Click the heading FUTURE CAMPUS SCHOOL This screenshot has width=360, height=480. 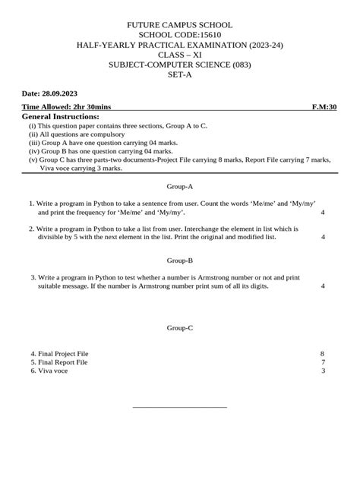[x=180, y=25]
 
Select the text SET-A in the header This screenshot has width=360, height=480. [x=180, y=76]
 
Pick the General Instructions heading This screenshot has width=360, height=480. [x=61, y=117]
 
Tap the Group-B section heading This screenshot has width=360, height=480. [x=180, y=260]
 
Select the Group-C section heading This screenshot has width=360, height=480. [x=180, y=327]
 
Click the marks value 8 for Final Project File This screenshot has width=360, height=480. [x=323, y=353]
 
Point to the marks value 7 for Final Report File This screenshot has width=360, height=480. [x=323, y=362]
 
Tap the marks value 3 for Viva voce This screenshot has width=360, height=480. [x=323, y=371]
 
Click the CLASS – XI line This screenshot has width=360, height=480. [x=180, y=55]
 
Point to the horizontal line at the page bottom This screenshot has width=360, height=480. [x=180, y=407]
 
